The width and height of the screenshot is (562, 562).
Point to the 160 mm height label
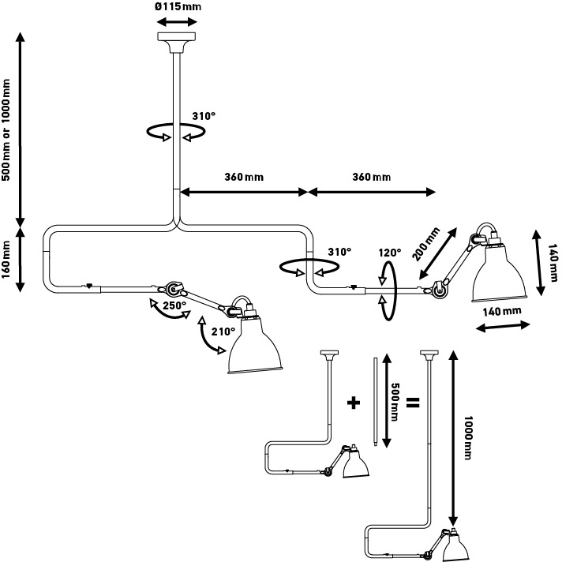click(7, 261)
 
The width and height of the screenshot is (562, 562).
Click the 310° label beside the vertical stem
click(204, 116)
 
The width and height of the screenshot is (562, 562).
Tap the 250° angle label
click(174, 305)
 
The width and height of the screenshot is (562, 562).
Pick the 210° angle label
click(223, 332)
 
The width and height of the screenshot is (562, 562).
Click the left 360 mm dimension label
click(243, 177)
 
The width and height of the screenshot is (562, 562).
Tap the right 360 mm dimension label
click(371, 177)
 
